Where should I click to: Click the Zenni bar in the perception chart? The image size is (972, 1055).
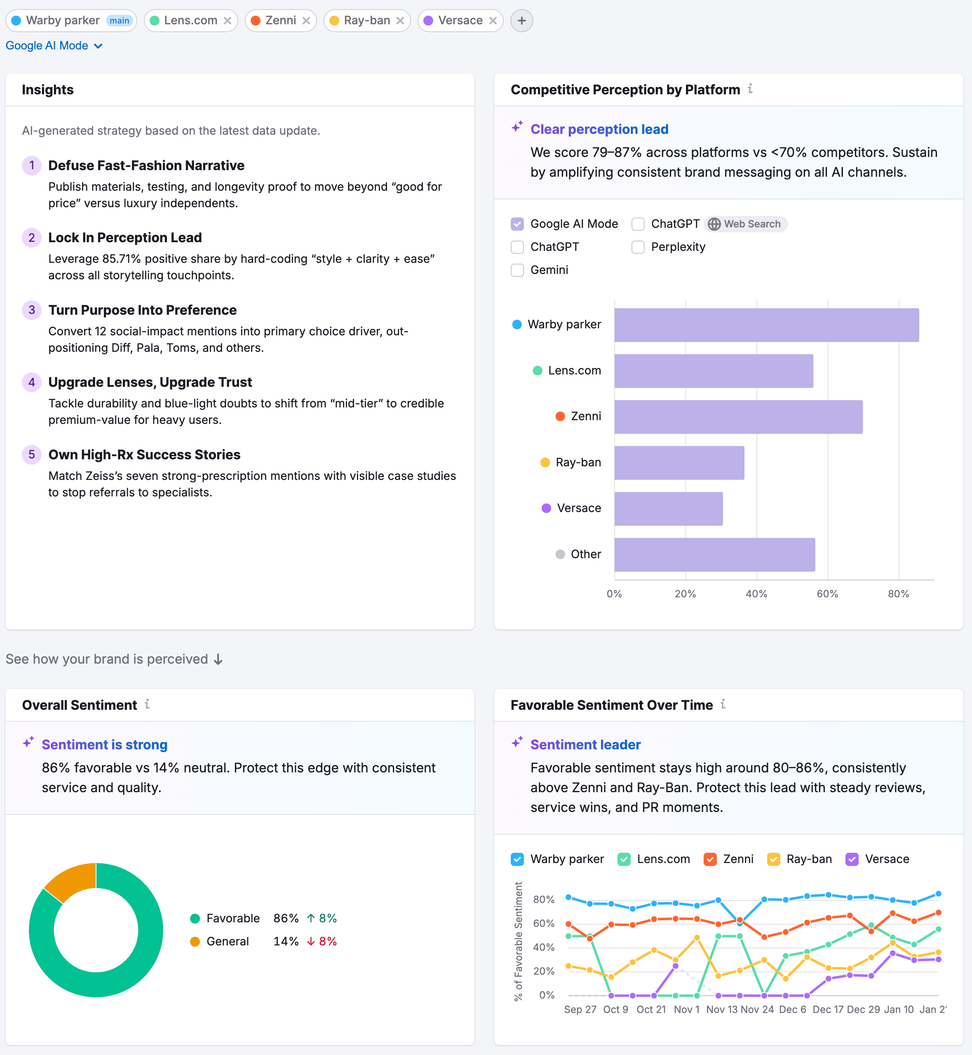pos(738,417)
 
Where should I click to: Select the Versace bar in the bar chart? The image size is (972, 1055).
pos(668,508)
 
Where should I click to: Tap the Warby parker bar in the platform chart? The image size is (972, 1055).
pos(766,325)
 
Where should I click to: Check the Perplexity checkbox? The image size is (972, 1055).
pos(638,247)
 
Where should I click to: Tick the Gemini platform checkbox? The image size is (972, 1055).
pos(517,270)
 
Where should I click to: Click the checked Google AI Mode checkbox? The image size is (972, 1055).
pos(517,224)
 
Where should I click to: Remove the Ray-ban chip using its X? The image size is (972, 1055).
pos(400,21)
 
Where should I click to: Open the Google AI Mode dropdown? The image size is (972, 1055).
pos(54,46)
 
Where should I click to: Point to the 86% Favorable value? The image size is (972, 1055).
pos(286,918)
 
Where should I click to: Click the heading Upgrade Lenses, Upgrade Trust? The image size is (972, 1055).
pos(150,382)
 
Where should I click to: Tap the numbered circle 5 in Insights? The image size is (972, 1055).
pos(32,454)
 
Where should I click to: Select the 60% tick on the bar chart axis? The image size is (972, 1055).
pos(827,594)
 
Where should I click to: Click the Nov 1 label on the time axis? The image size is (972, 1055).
pos(686,1009)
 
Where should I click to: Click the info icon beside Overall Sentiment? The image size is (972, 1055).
pos(147,704)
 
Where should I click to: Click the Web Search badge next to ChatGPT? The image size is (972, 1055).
pos(746,224)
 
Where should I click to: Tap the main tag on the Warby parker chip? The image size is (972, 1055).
pos(120,21)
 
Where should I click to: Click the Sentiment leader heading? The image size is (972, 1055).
pos(585,744)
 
